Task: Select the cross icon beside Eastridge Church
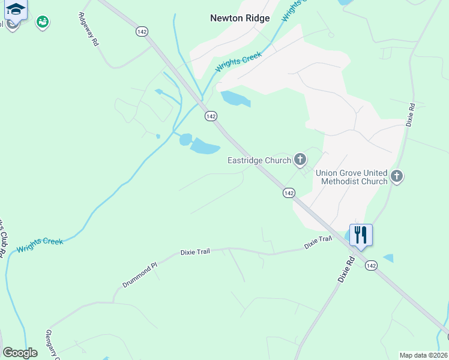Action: click(x=300, y=160)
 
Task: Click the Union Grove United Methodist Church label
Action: click(x=352, y=177)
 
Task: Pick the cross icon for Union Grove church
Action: click(x=396, y=176)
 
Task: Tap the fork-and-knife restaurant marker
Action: click(x=361, y=234)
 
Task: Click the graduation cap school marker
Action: click(x=16, y=10)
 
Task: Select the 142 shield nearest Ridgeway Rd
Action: click(x=142, y=31)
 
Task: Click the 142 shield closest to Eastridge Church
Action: click(x=289, y=193)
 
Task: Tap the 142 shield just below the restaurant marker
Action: click(x=371, y=265)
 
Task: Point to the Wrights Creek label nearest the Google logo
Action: click(x=40, y=245)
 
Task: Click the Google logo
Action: click(x=20, y=353)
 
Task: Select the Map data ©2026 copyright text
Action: click(x=423, y=355)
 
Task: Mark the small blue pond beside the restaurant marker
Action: click(x=389, y=258)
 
